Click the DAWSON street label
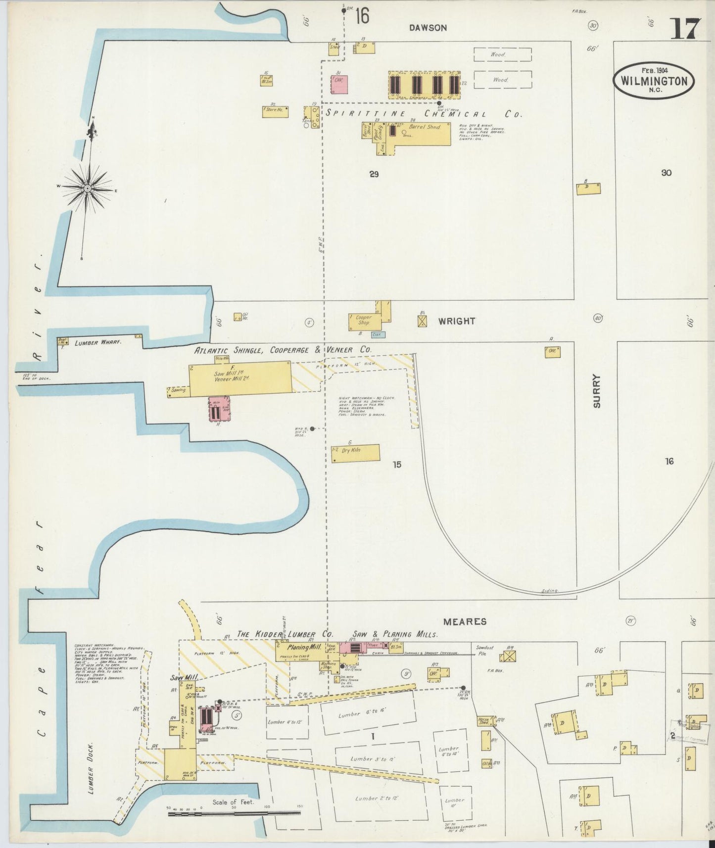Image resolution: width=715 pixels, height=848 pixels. (x=428, y=28)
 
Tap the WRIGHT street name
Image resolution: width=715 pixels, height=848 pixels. (x=456, y=321)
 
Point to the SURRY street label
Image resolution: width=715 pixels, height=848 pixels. (x=596, y=391)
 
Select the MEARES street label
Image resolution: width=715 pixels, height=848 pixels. (x=465, y=621)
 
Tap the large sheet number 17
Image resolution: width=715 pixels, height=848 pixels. (x=685, y=29)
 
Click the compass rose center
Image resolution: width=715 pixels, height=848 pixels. (x=88, y=188)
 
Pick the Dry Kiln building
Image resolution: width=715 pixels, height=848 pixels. (x=355, y=453)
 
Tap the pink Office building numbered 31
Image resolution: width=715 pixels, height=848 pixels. (x=339, y=84)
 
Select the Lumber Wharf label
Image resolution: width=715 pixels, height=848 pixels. (x=97, y=342)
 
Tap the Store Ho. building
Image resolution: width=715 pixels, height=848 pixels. (x=275, y=111)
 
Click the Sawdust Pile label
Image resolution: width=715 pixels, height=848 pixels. (x=484, y=650)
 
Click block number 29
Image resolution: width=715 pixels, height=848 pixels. (x=374, y=174)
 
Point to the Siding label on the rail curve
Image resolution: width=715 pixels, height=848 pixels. (x=549, y=591)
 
